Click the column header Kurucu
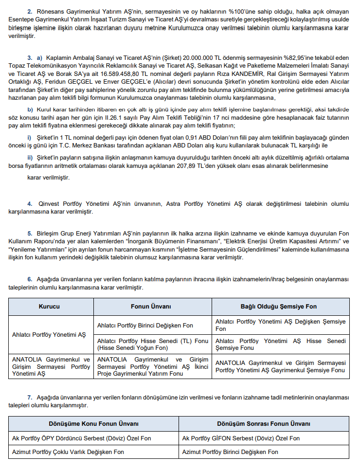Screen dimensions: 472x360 click(x=49, y=307)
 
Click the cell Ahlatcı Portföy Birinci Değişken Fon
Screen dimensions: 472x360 click(x=145, y=326)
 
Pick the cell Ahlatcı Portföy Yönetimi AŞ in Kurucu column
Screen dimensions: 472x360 click(x=49, y=335)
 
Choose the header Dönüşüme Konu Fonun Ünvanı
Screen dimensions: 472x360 click(x=93, y=423)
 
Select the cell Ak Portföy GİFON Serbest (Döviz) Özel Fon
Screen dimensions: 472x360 click(x=241, y=438)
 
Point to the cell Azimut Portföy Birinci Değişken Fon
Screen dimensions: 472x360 click(x=230, y=452)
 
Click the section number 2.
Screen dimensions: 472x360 click(x=30, y=11)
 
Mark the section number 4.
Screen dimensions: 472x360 click(x=30, y=203)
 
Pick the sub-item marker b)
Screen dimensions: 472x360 click(x=30, y=109)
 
